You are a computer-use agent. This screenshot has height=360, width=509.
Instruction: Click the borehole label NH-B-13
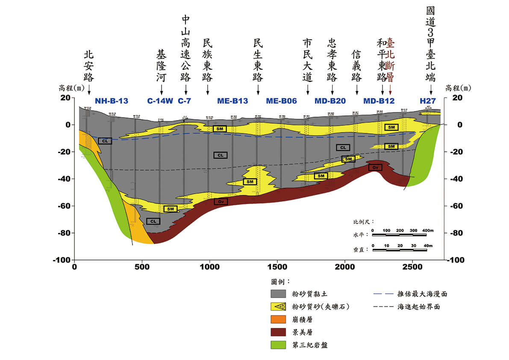click(x=112, y=101)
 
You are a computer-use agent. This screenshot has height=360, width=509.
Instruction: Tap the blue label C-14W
click(x=160, y=101)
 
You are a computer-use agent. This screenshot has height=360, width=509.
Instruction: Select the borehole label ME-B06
click(x=281, y=101)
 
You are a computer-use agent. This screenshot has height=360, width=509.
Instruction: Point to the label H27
click(x=427, y=101)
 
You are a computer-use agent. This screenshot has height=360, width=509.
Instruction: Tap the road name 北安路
click(x=88, y=66)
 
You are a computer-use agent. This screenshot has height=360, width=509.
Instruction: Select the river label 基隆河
click(x=162, y=66)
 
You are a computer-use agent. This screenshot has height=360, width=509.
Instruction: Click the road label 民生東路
click(x=258, y=60)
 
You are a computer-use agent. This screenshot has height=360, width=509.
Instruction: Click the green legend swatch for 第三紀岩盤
click(x=279, y=345)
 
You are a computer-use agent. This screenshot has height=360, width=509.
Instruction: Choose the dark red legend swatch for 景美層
click(x=279, y=332)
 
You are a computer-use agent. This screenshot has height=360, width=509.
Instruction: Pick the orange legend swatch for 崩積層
click(x=279, y=319)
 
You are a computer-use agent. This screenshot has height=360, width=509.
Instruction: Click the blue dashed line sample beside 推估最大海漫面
click(x=383, y=294)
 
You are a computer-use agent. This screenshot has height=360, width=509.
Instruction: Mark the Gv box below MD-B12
click(x=375, y=168)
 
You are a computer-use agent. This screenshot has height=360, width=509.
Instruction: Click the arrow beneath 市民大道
click(x=307, y=90)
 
